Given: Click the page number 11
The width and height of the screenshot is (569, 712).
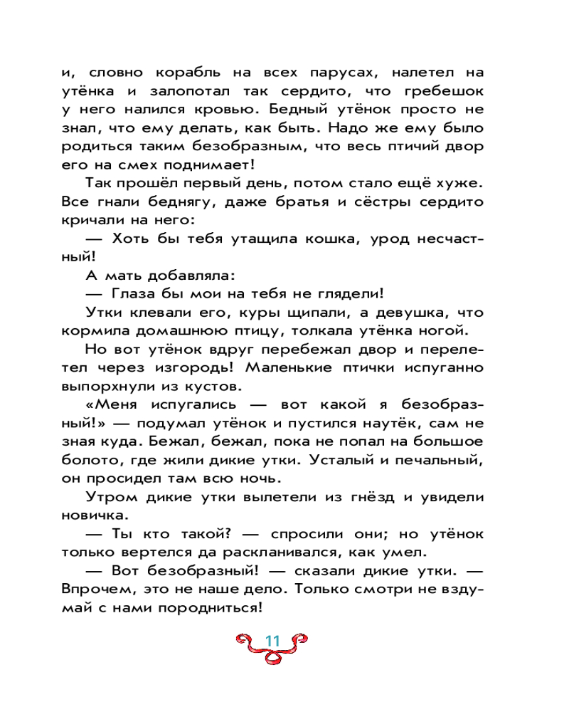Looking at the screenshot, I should pyautogui.click(x=273, y=640).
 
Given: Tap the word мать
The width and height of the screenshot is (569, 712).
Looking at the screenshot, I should pyautogui.click(x=133, y=274).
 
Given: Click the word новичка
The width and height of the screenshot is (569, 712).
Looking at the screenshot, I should pyautogui.click(x=92, y=515).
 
